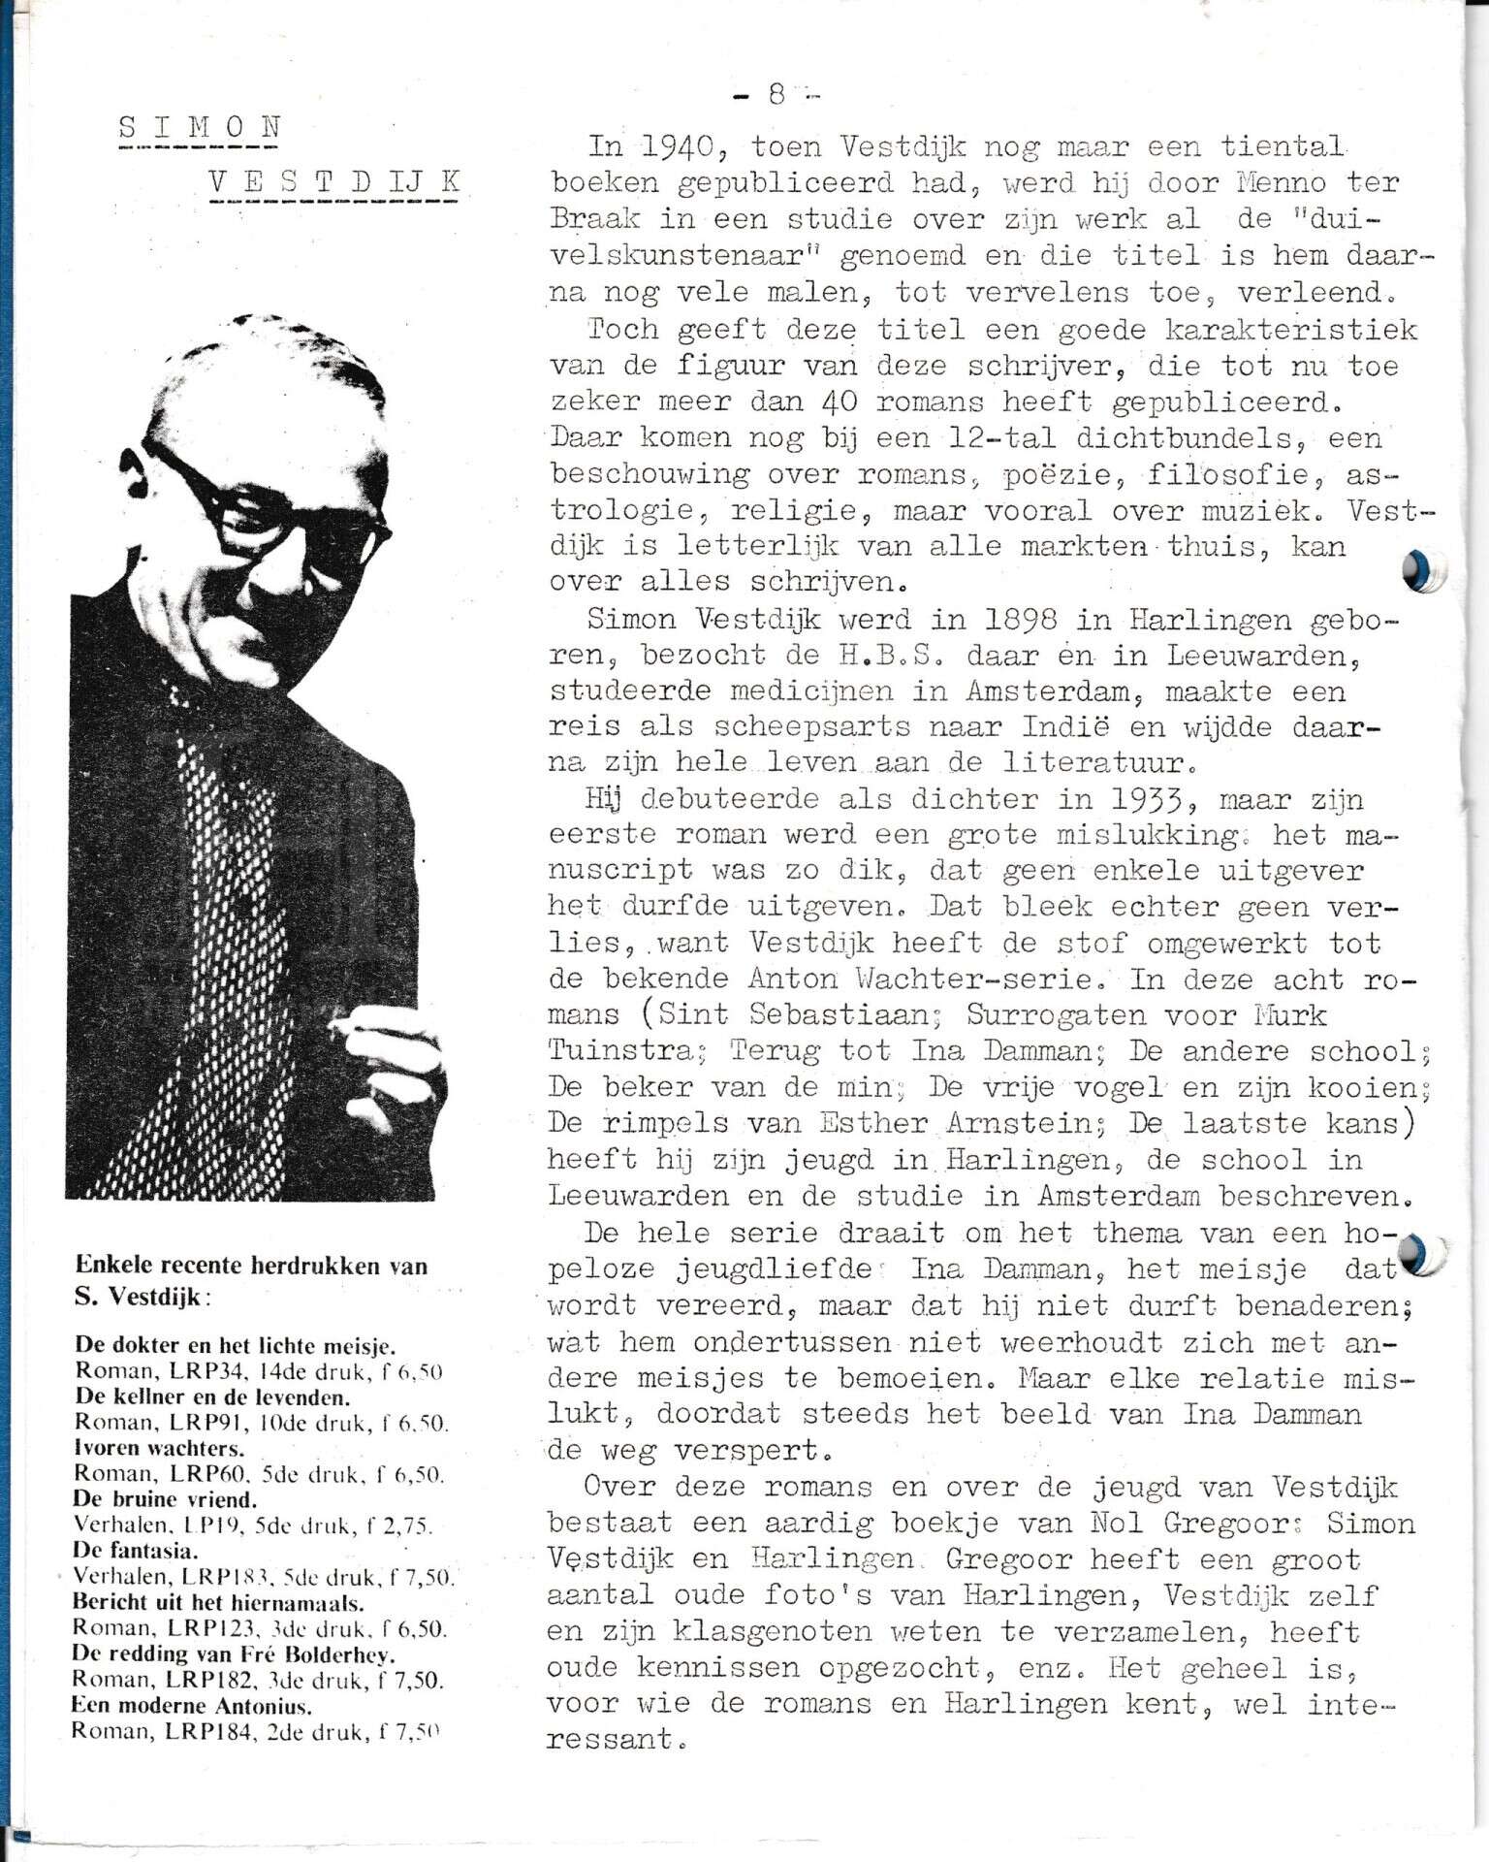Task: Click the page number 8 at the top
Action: pyautogui.click(x=776, y=94)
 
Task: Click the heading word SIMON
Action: pyautogui.click(x=200, y=127)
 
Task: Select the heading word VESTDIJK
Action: pyautogui.click(x=334, y=181)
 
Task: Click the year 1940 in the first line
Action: pyautogui.click(x=676, y=147)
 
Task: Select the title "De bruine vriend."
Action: pyautogui.click(x=165, y=1498)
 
